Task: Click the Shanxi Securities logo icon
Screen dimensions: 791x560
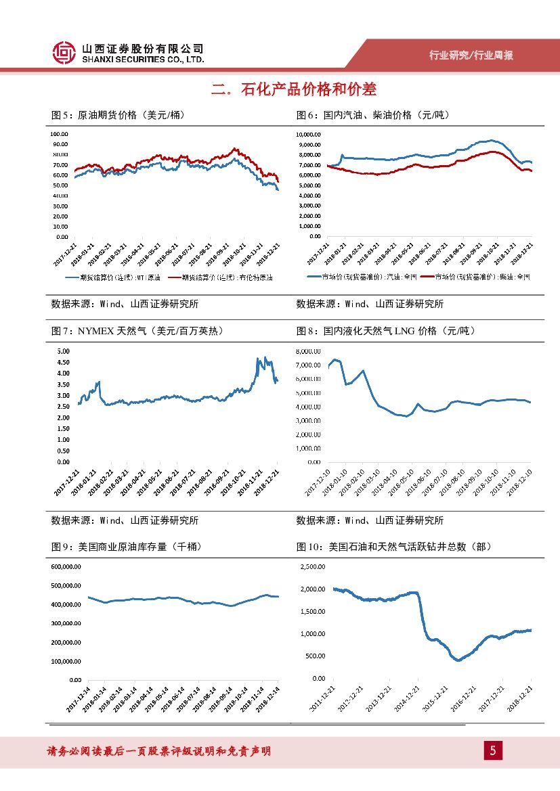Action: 64,53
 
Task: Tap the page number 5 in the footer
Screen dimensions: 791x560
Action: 493,750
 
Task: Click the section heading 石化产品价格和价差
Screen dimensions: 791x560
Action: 293,89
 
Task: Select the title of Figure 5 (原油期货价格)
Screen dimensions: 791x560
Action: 118,115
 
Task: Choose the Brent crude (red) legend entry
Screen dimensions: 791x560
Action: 220,277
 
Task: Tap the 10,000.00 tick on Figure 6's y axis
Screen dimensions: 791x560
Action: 308,134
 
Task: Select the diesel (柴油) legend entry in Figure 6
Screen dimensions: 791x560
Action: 478,277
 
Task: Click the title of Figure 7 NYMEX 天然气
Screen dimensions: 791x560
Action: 137,331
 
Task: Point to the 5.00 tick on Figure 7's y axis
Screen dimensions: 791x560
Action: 63,351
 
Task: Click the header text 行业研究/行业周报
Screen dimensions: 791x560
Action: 472,55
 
